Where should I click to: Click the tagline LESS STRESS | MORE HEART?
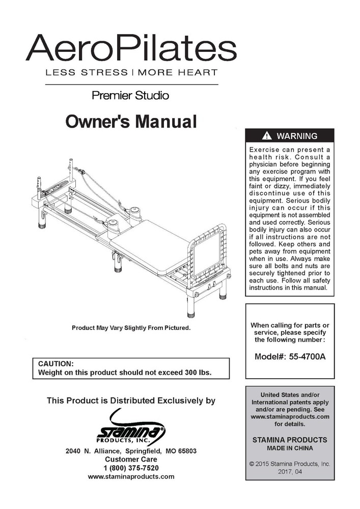[131, 72]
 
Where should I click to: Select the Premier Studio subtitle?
[130, 95]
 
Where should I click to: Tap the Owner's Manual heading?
[131, 122]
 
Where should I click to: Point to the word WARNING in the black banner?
[297, 136]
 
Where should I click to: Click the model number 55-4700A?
[306, 357]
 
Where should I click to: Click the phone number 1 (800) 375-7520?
[131, 468]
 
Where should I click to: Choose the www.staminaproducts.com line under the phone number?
[131, 476]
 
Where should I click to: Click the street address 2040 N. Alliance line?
[131, 451]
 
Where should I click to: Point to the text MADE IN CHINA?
[290, 448]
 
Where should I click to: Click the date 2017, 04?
[290, 472]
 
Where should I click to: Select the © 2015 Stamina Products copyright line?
[290, 464]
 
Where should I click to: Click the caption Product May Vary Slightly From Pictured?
[131, 328]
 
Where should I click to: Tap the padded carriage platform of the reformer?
[148, 244]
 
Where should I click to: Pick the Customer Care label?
[131, 459]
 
